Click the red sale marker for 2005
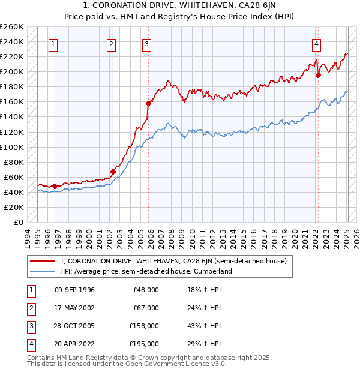point(148,103)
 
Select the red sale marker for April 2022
point(318,75)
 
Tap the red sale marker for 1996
point(55,186)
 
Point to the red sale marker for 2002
point(113,172)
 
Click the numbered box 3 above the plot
point(147,43)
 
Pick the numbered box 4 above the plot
point(316,43)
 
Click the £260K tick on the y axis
point(12,27)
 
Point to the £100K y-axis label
point(12,147)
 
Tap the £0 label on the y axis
point(19,222)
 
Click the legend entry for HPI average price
point(145,271)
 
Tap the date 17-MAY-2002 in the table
point(74,308)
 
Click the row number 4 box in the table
point(31,344)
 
